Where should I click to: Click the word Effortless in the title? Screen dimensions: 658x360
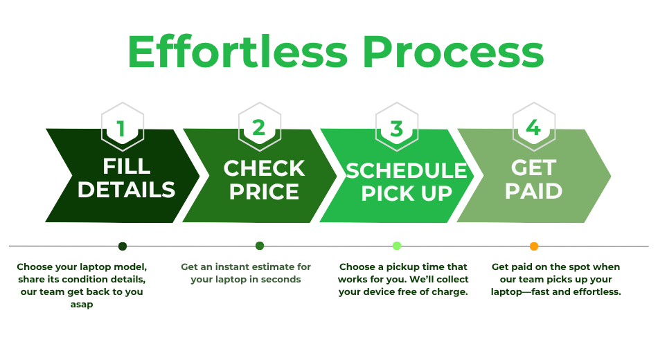click(x=238, y=52)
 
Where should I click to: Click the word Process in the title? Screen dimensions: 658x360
click(x=453, y=52)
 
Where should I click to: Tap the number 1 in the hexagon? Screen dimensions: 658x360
click(x=121, y=129)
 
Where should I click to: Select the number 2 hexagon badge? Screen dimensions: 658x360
click(x=259, y=127)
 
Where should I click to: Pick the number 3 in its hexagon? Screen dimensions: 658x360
click(x=397, y=129)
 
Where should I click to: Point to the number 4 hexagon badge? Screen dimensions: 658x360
click(x=534, y=127)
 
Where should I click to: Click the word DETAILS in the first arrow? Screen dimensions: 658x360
click(x=126, y=190)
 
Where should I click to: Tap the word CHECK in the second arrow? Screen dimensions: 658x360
click(x=264, y=168)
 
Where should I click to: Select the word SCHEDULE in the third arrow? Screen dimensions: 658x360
click(x=406, y=170)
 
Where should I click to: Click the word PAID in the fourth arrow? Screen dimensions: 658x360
click(x=533, y=191)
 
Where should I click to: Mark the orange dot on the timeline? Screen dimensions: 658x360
click(x=534, y=246)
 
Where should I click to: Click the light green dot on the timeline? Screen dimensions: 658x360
click(x=397, y=246)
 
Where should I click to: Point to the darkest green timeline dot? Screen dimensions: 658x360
click(x=123, y=246)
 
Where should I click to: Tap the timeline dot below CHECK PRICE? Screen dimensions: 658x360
click(x=260, y=246)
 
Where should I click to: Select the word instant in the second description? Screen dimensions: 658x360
click(x=231, y=267)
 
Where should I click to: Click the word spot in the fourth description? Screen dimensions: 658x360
click(x=579, y=267)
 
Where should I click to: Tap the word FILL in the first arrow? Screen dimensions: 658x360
click(x=127, y=166)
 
